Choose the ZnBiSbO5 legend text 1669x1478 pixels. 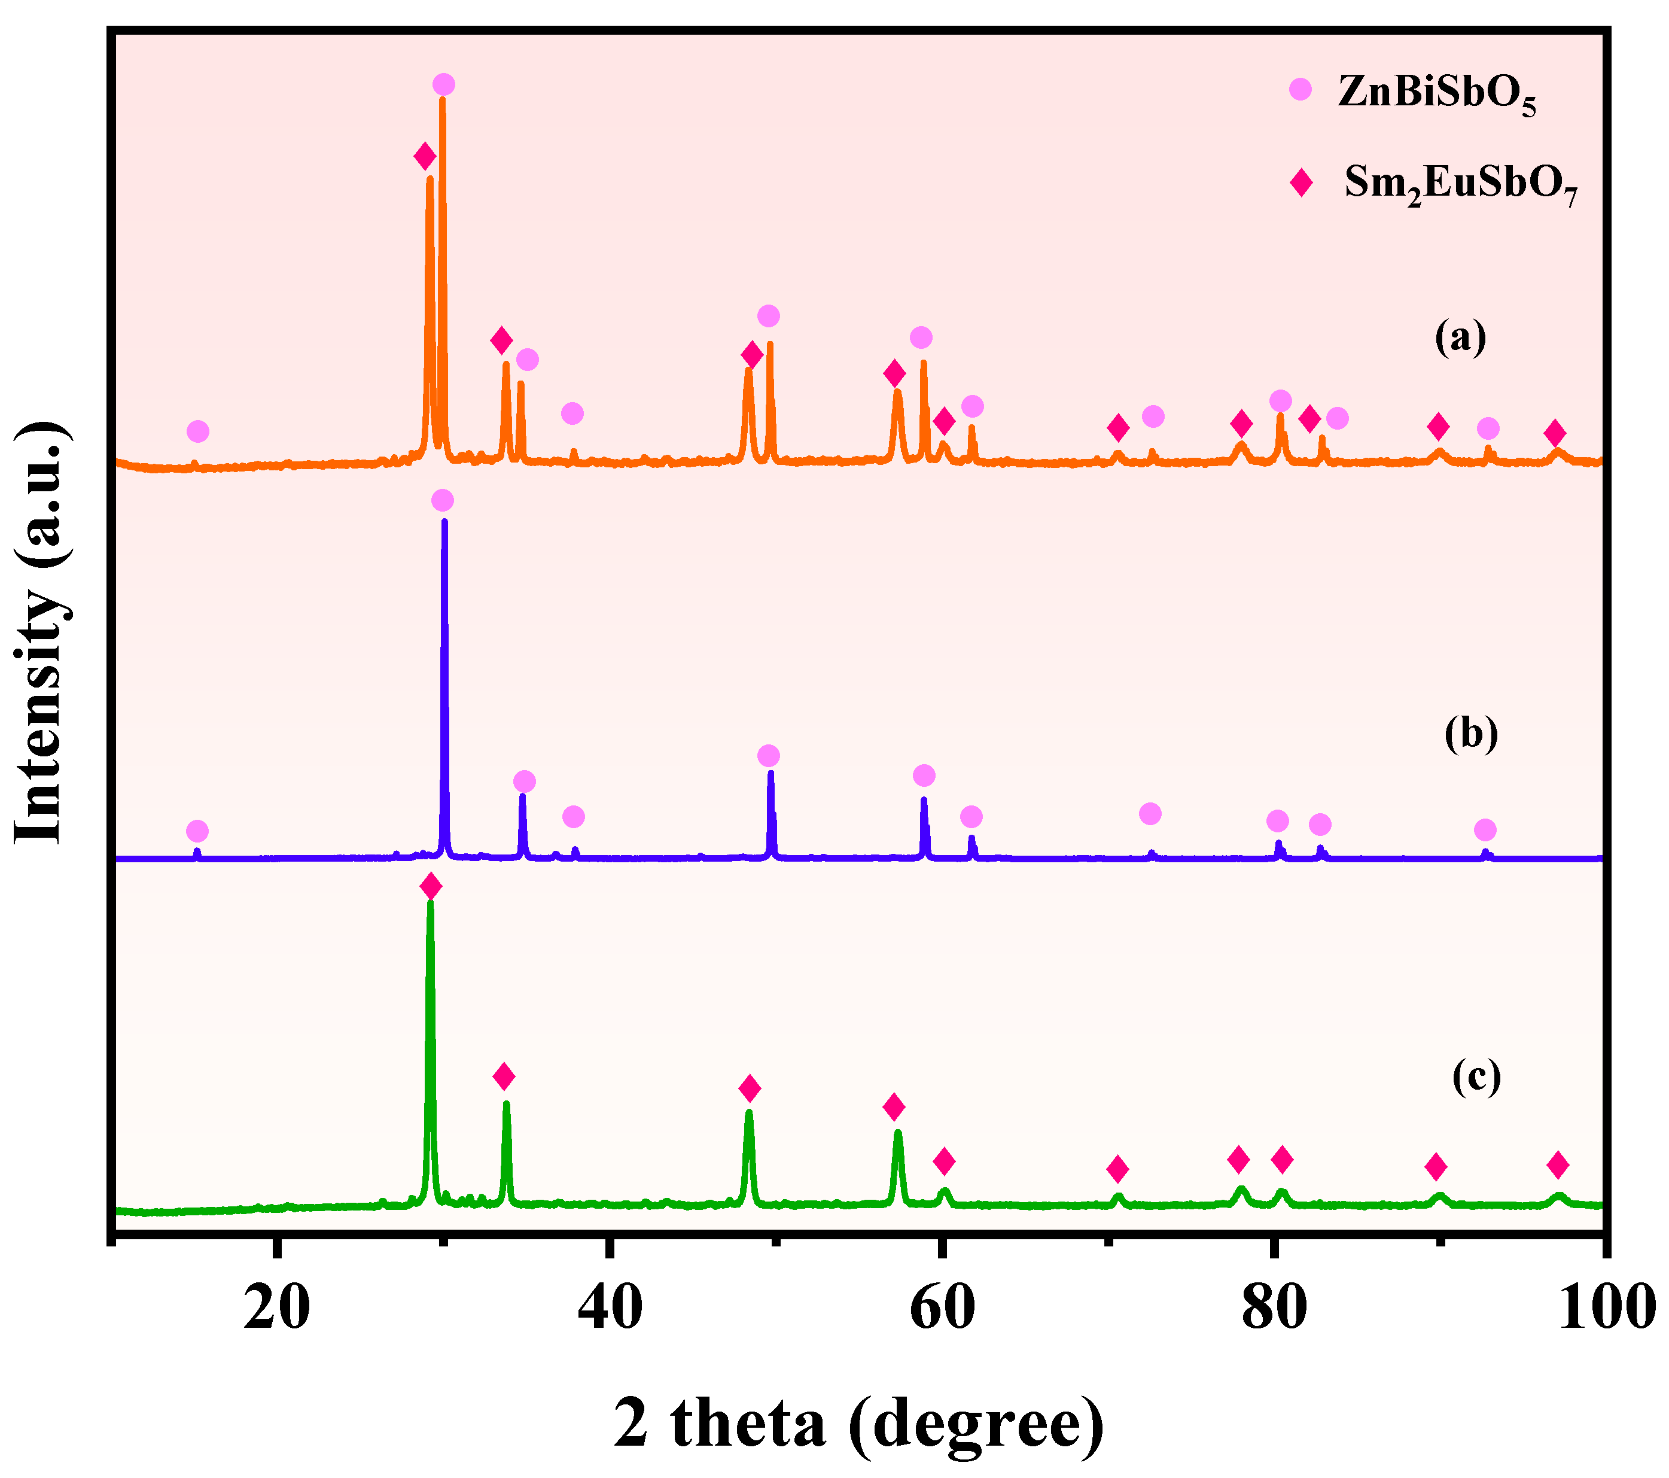click(x=1436, y=95)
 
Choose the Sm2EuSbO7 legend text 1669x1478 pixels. click(x=1461, y=184)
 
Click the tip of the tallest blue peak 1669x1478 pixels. click(x=444, y=521)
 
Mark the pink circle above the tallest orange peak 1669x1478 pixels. click(x=443, y=84)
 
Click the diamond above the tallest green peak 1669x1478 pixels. click(x=430, y=886)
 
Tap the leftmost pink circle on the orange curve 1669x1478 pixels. click(x=197, y=431)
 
